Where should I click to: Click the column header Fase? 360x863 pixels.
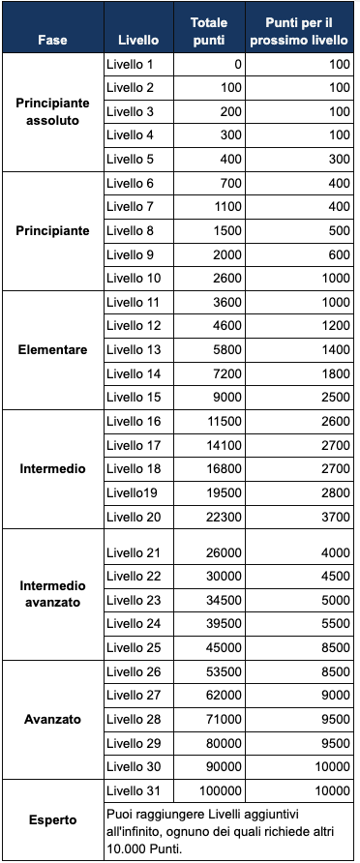coord(52,40)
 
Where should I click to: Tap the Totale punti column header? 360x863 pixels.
coord(210,31)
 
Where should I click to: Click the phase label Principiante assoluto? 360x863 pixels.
coord(52,112)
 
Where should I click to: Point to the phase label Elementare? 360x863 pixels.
coord(52,349)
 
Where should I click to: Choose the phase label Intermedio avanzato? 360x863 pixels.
coord(52,594)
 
